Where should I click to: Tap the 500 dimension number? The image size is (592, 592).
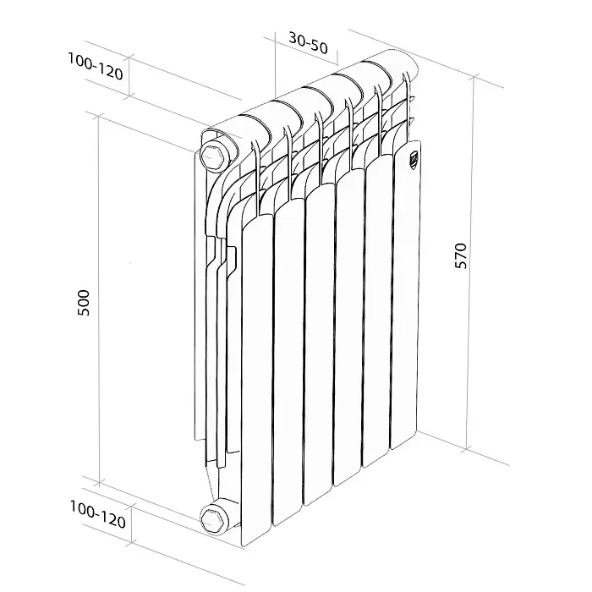[x=83, y=303]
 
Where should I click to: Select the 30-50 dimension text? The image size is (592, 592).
[x=308, y=42]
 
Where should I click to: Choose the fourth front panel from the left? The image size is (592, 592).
[x=348, y=330]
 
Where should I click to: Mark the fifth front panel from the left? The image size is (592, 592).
[x=377, y=317]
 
